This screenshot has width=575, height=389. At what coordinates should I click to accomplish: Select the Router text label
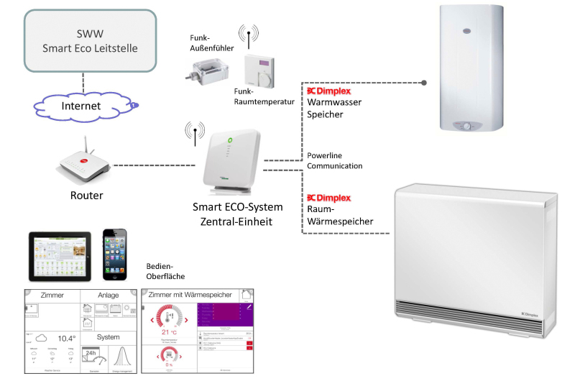(86, 196)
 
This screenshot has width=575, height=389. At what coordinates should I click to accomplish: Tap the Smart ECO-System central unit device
(231, 162)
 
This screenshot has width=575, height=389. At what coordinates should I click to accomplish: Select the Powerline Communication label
(334, 160)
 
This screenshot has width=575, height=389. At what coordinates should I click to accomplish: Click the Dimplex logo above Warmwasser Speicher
(328, 91)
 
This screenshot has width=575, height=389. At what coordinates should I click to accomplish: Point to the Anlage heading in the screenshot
(108, 295)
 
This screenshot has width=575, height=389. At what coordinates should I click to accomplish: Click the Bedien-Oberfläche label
(166, 272)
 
